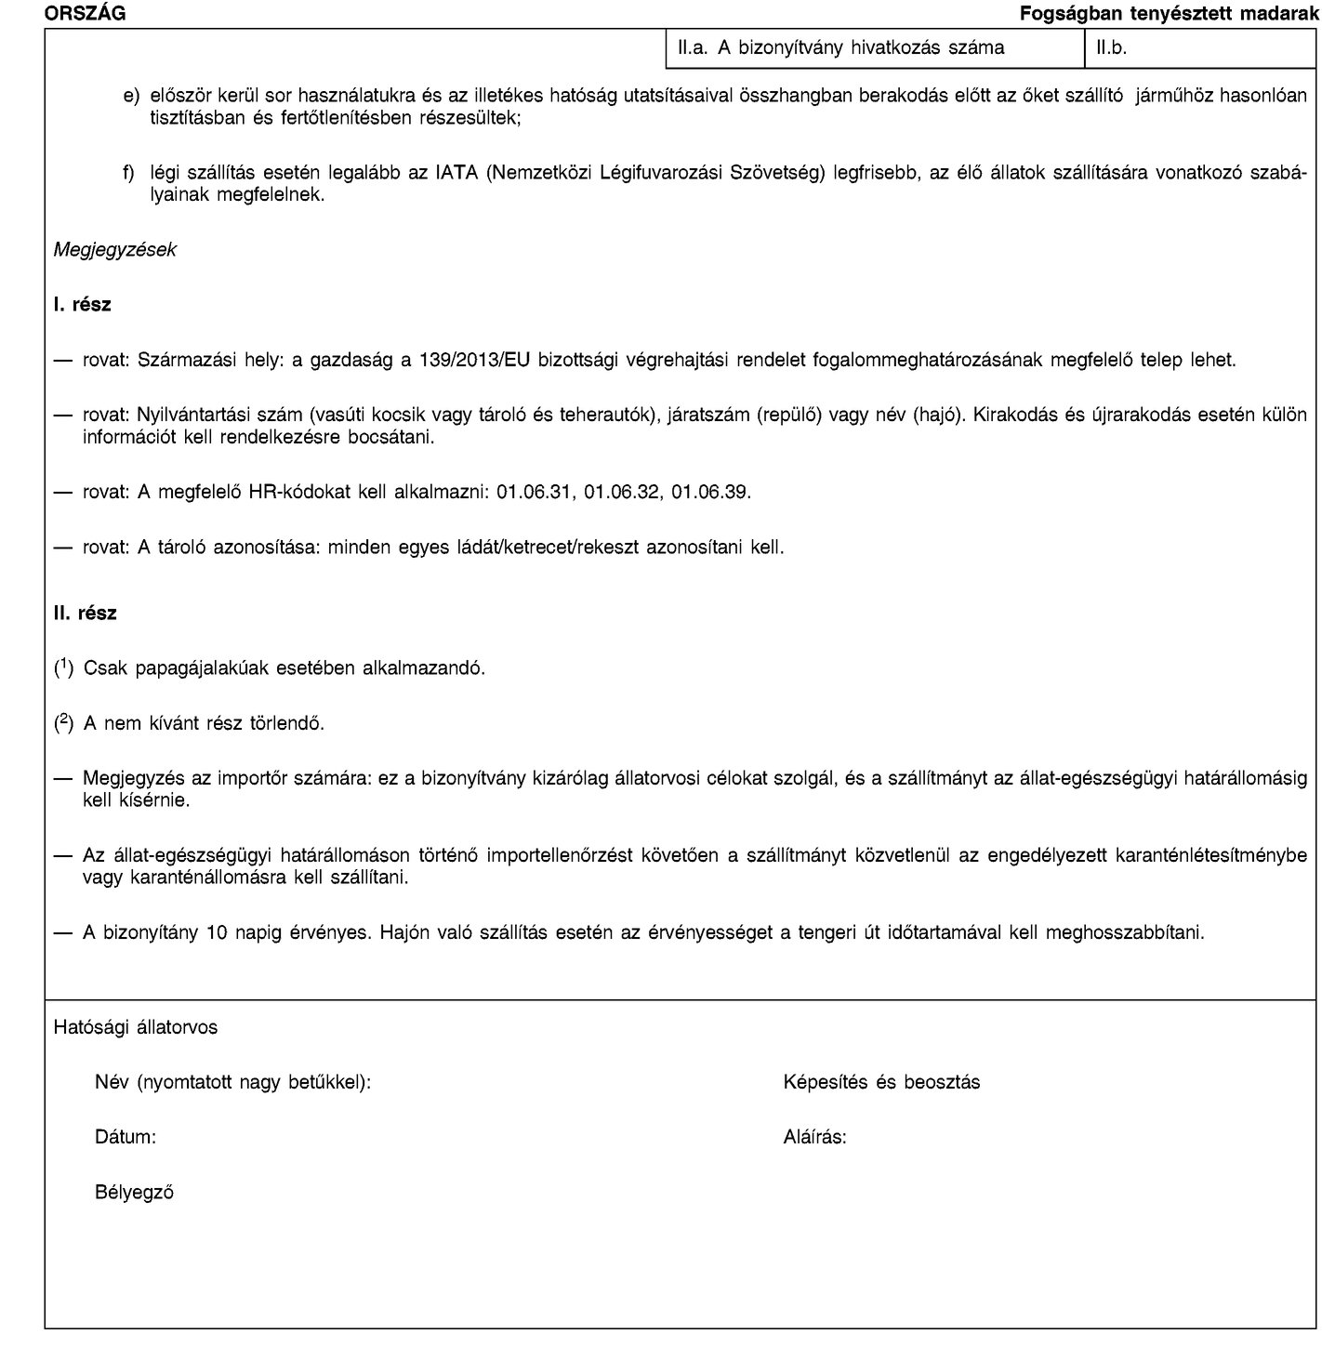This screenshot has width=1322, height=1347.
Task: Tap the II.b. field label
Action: click(x=1112, y=48)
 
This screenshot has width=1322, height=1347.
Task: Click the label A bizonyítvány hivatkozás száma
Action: click(x=871, y=48)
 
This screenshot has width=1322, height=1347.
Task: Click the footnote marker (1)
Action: click(x=65, y=668)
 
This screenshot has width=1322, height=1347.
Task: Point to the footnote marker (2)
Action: click(x=65, y=722)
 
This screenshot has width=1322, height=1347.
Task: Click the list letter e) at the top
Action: click(x=131, y=96)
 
